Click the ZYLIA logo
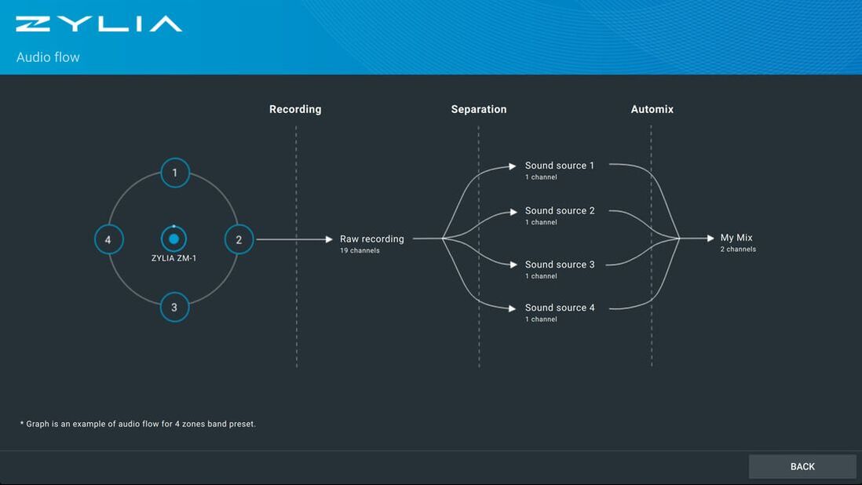pos(99,24)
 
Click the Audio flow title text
pos(48,57)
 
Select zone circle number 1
pos(175,173)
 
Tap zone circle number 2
pos(239,239)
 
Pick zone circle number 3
pos(174,307)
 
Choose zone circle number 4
pos(108,239)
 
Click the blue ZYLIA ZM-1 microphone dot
pos(173,239)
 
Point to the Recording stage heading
pos(295,109)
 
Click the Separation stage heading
pos(479,109)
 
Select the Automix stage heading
pos(652,109)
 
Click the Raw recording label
pos(371,239)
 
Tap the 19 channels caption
pos(360,250)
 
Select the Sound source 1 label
pos(560,166)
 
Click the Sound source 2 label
pos(560,210)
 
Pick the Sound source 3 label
pos(560,264)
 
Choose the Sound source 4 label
pos(560,308)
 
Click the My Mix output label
pos(736,238)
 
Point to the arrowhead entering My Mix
pos(710,238)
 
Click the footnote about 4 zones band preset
pos(138,424)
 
